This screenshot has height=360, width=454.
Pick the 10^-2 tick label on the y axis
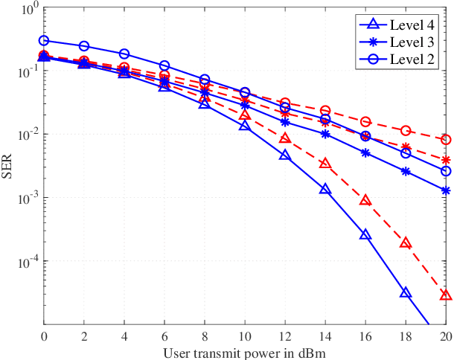(x=27, y=135)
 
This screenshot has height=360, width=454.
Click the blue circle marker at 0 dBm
(x=44, y=41)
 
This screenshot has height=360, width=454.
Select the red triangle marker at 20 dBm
(x=445, y=295)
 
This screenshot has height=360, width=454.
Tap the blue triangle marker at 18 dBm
(x=406, y=293)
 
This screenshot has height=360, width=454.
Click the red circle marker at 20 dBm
(x=445, y=140)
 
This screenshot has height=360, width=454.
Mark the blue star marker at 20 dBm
(x=445, y=190)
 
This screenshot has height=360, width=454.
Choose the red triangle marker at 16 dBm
(x=365, y=201)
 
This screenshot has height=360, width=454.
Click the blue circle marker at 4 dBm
(x=124, y=54)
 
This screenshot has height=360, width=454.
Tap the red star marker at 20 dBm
(x=445, y=160)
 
